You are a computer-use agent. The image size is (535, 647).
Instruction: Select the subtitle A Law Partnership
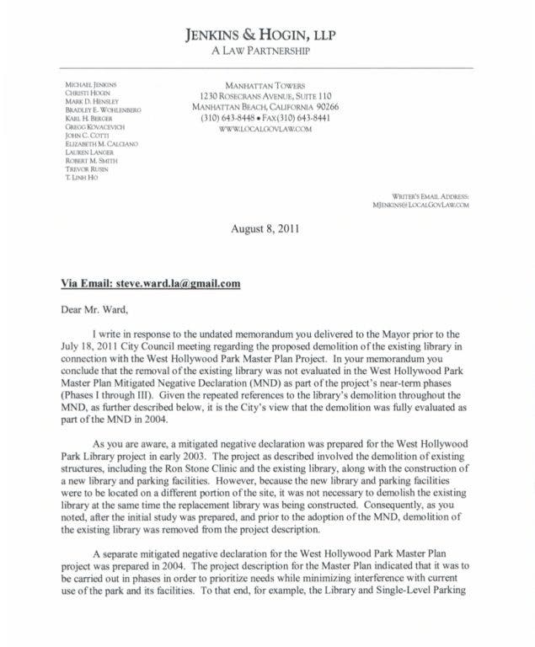pos(266,51)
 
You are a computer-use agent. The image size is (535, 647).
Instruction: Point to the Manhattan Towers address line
pos(265,85)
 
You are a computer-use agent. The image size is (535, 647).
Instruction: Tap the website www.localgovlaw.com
pos(265,129)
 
